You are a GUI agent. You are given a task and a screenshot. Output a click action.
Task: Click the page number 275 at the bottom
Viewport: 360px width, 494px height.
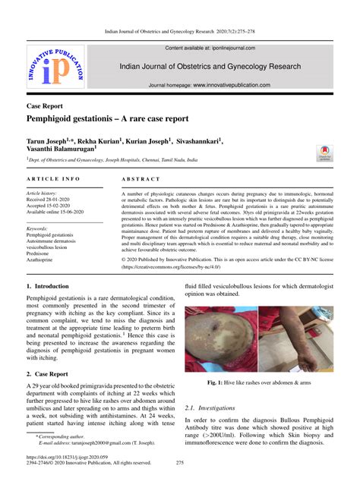pyautogui.click(x=180, y=483)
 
